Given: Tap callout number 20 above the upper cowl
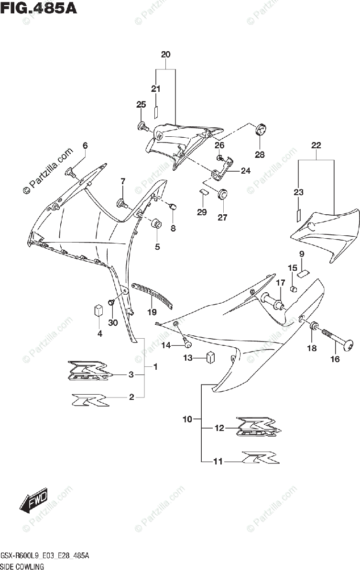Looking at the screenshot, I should [x=165, y=55].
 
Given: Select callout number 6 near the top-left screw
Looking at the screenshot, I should [x=85, y=145].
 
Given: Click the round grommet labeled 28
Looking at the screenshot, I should [x=260, y=129].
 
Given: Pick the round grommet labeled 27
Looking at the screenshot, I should [x=222, y=195].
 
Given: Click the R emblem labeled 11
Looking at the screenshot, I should [x=259, y=458].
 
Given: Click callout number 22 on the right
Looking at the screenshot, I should [x=316, y=145].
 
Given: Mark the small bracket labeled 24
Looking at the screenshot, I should [x=221, y=170].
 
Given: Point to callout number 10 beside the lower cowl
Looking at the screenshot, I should [x=187, y=419].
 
